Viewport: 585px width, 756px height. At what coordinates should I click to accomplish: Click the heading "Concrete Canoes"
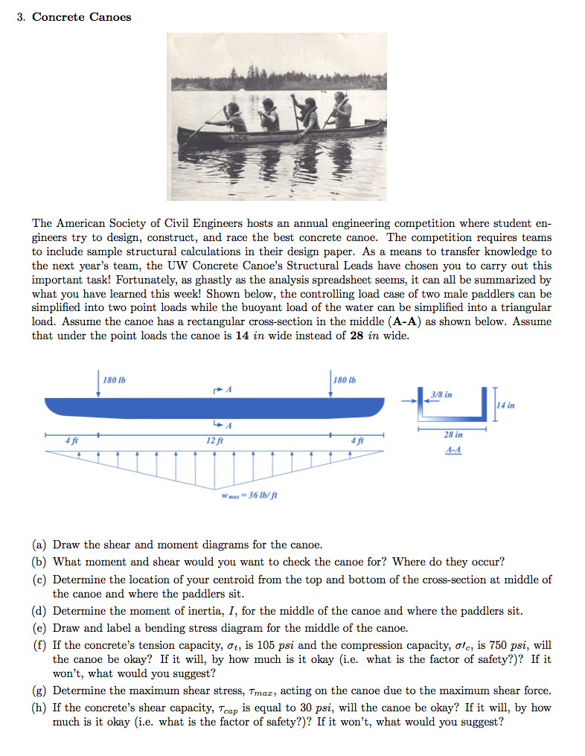(82, 17)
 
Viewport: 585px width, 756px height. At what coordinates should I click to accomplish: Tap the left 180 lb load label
(115, 380)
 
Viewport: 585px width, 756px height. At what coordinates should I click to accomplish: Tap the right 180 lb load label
(345, 380)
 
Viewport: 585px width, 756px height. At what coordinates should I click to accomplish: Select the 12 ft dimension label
(214, 441)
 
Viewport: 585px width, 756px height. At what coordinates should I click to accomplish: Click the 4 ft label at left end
(71, 441)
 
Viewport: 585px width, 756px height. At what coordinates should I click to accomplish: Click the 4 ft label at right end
(357, 441)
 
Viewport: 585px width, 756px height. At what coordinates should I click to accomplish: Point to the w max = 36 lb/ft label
(249, 495)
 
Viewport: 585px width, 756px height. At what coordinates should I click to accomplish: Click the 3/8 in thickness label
(441, 394)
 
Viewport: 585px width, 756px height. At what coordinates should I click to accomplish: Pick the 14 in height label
(505, 405)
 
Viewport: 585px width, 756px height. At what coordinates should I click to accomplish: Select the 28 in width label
(453, 435)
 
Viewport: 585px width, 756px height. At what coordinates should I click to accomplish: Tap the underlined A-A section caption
(453, 450)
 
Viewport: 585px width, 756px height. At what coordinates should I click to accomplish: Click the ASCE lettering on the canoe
(237, 138)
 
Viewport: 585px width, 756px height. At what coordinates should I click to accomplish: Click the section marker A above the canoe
(228, 389)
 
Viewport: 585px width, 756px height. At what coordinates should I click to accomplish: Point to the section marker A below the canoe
(228, 426)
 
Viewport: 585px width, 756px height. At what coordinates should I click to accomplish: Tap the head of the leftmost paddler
(234, 108)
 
